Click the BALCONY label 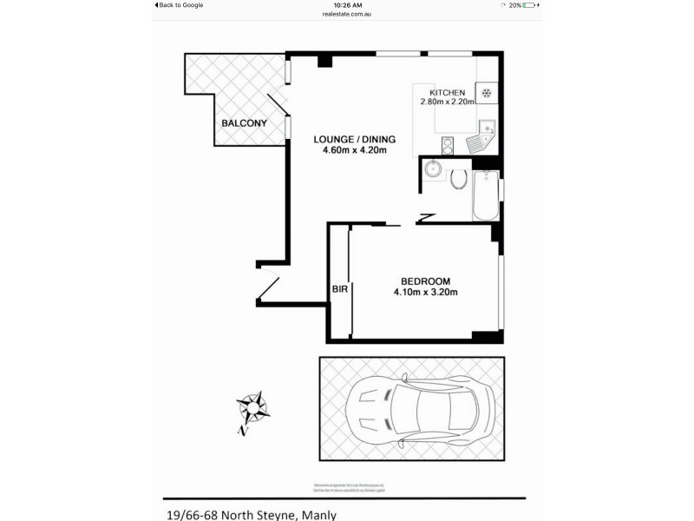point(244,123)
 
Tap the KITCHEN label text point(448,93)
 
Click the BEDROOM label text point(425,281)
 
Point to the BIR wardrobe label point(339,290)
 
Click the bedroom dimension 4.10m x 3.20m point(425,292)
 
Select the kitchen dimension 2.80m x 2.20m point(448,102)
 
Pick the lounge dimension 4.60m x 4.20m point(354,150)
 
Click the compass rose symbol point(253,405)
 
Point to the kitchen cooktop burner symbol point(488,93)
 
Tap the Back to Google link point(180,5)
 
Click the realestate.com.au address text point(347,15)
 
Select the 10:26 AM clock point(347,5)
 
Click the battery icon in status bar point(530,5)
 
